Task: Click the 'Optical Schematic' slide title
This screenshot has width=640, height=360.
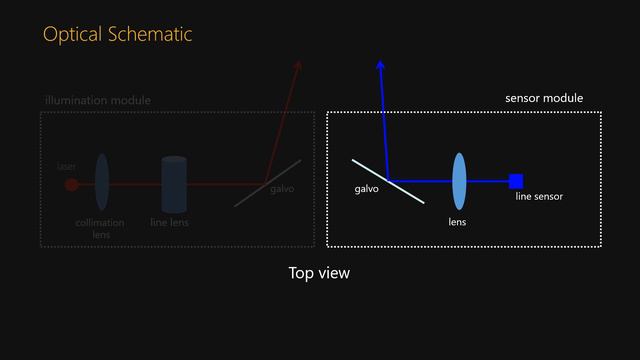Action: pyautogui.click(x=117, y=35)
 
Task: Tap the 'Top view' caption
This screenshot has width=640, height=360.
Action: pyautogui.click(x=319, y=272)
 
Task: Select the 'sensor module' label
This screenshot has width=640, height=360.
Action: pyautogui.click(x=544, y=98)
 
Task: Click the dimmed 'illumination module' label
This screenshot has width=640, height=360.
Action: pyautogui.click(x=97, y=101)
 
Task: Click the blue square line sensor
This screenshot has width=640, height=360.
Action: pyautogui.click(x=516, y=181)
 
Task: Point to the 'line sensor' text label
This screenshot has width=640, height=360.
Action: pyautogui.click(x=539, y=197)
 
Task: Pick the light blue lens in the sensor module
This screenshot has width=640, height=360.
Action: pyautogui.click(x=459, y=181)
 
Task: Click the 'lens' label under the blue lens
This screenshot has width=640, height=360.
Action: pyautogui.click(x=457, y=222)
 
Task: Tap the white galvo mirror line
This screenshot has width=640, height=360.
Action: pyautogui.click(x=387, y=180)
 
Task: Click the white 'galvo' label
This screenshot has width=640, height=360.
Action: pyautogui.click(x=367, y=189)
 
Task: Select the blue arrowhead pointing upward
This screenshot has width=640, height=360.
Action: pyautogui.click(x=380, y=65)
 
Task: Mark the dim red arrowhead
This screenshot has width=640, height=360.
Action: pyautogui.click(x=297, y=66)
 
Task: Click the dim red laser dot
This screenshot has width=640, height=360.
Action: pyautogui.click(x=71, y=184)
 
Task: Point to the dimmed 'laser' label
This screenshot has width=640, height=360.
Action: pyautogui.click(x=67, y=166)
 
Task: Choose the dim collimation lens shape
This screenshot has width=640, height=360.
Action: pyautogui.click(x=102, y=182)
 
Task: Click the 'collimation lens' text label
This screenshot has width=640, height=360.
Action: pyautogui.click(x=100, y=228)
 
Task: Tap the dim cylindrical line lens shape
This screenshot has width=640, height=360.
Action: pyautogui.click(x=175, y=184)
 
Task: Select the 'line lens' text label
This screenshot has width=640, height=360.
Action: pyautogui.click(x=169, y=223)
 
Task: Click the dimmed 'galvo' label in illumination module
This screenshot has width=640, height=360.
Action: pyautogui.click(x=282, y=189)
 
